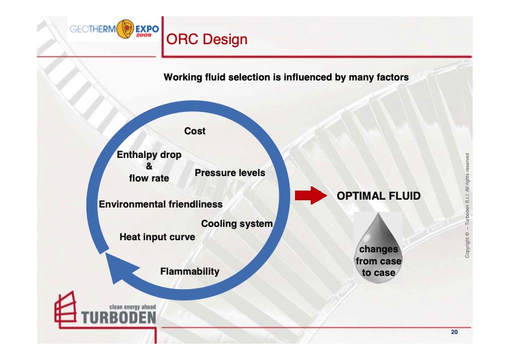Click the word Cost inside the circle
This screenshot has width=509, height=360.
(x=195, y=131)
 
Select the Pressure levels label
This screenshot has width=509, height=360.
(x=230, y=173)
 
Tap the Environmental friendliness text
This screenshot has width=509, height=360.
(x=160, y=205)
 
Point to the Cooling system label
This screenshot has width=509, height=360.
(x=236, y=224)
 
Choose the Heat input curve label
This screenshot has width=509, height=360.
(x=157, y=237)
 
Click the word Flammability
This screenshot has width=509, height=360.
(x=189, y=271)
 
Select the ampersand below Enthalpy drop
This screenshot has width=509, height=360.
(x=149, y=166)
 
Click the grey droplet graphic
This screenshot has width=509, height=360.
(x=378, y=245)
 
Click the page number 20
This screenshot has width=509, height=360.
(x=455, y=332)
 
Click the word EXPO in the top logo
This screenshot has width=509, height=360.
(x=143, y=28)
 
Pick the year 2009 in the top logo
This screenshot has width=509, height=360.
(x=143, y=35)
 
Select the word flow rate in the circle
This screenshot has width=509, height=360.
(x=149, y=178)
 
